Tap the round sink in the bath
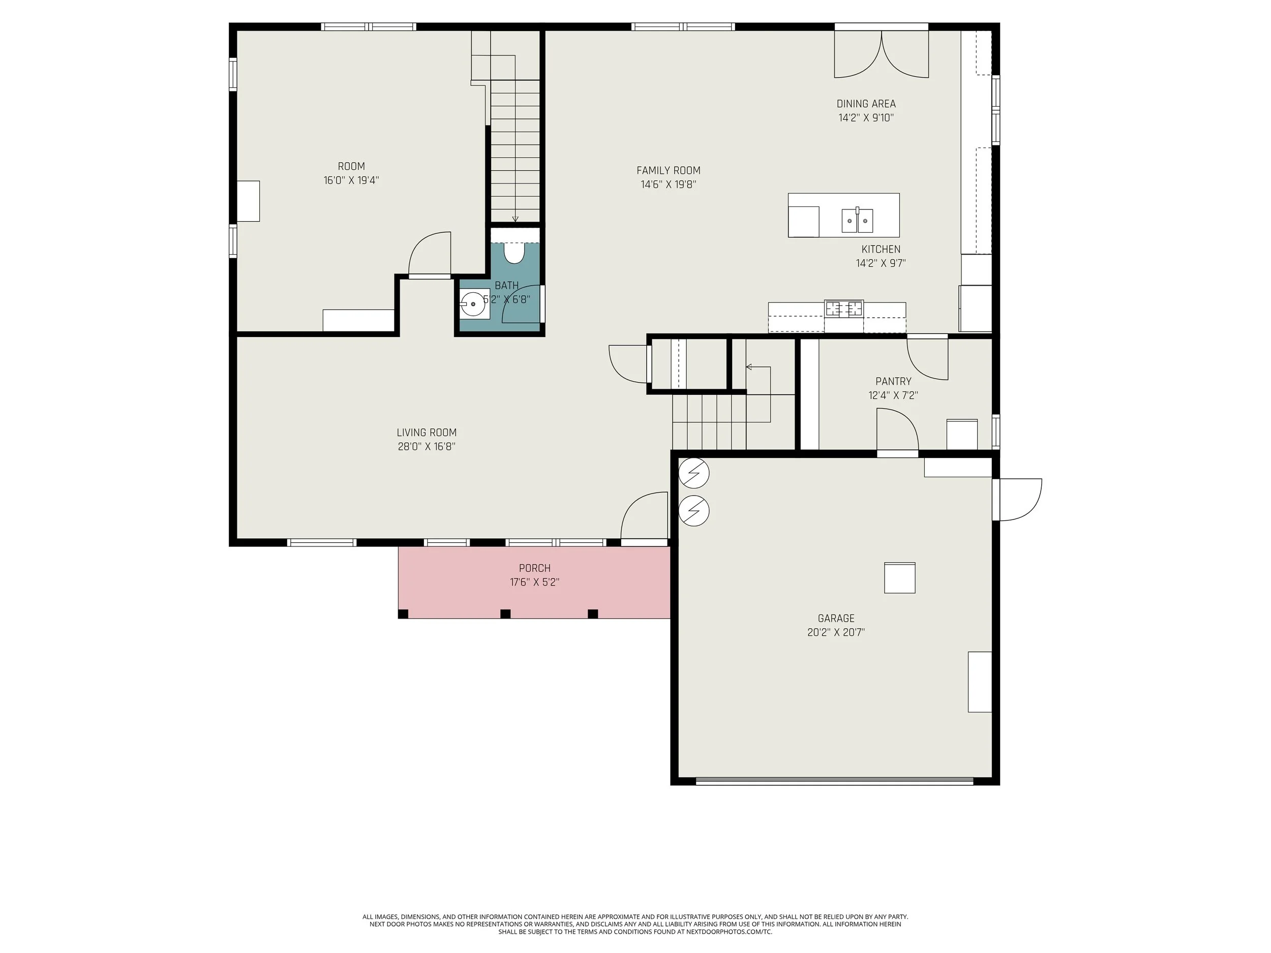tap(473, 303)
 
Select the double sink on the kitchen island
tap(857, 221)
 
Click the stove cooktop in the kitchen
tap(844, 309)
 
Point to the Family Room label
tap(668, 171)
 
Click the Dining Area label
tap(866, 104)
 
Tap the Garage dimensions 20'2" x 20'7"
tap(836, 632)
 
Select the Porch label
tap(534, 569)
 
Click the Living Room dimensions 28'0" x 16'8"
tap(427, 446)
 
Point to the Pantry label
tap(893, 381)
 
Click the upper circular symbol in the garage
tap(693, 474)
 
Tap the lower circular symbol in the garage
tap(693, 511)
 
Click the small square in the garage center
tap(899, 578)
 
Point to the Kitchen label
tap(881, 250)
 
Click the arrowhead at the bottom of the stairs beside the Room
tap(515, 219)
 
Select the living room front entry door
tap(644, 516)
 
